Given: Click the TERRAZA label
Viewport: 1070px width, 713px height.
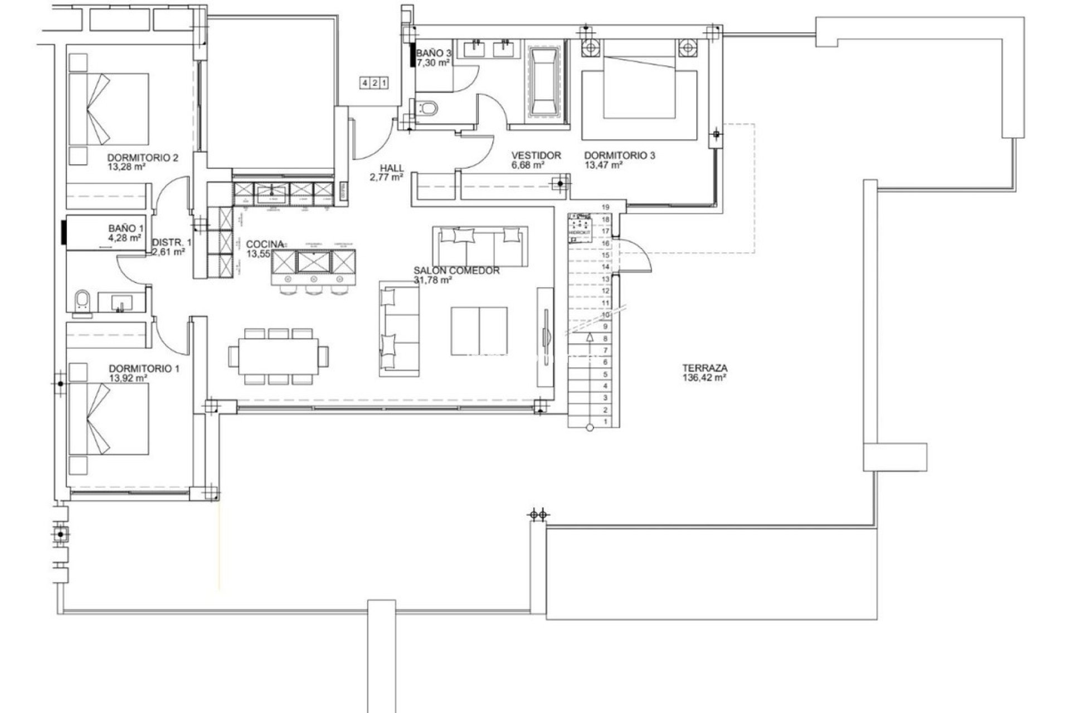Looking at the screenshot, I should (x=704, y=368).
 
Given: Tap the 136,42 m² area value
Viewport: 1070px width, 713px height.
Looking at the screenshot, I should (x=704, y=377).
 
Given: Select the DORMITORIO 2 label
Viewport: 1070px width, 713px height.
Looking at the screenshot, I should (x=143, y=158).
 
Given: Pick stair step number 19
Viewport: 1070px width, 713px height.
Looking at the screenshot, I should (x=606, y=207).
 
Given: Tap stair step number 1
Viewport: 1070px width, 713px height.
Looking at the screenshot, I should (x=606, y=422).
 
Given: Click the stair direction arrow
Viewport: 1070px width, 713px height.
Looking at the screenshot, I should (x=589, y=338).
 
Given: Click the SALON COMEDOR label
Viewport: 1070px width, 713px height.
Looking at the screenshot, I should (x=456, y=271).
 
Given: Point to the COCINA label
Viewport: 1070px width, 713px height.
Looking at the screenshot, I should (x=265, y=244).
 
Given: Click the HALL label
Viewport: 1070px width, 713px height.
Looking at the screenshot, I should (x=392, y=168).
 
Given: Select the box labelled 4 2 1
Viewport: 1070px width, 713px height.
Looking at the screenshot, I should (x=374, y=83).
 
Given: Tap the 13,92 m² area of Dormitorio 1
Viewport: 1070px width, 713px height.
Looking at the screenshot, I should (x=128, y=378).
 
